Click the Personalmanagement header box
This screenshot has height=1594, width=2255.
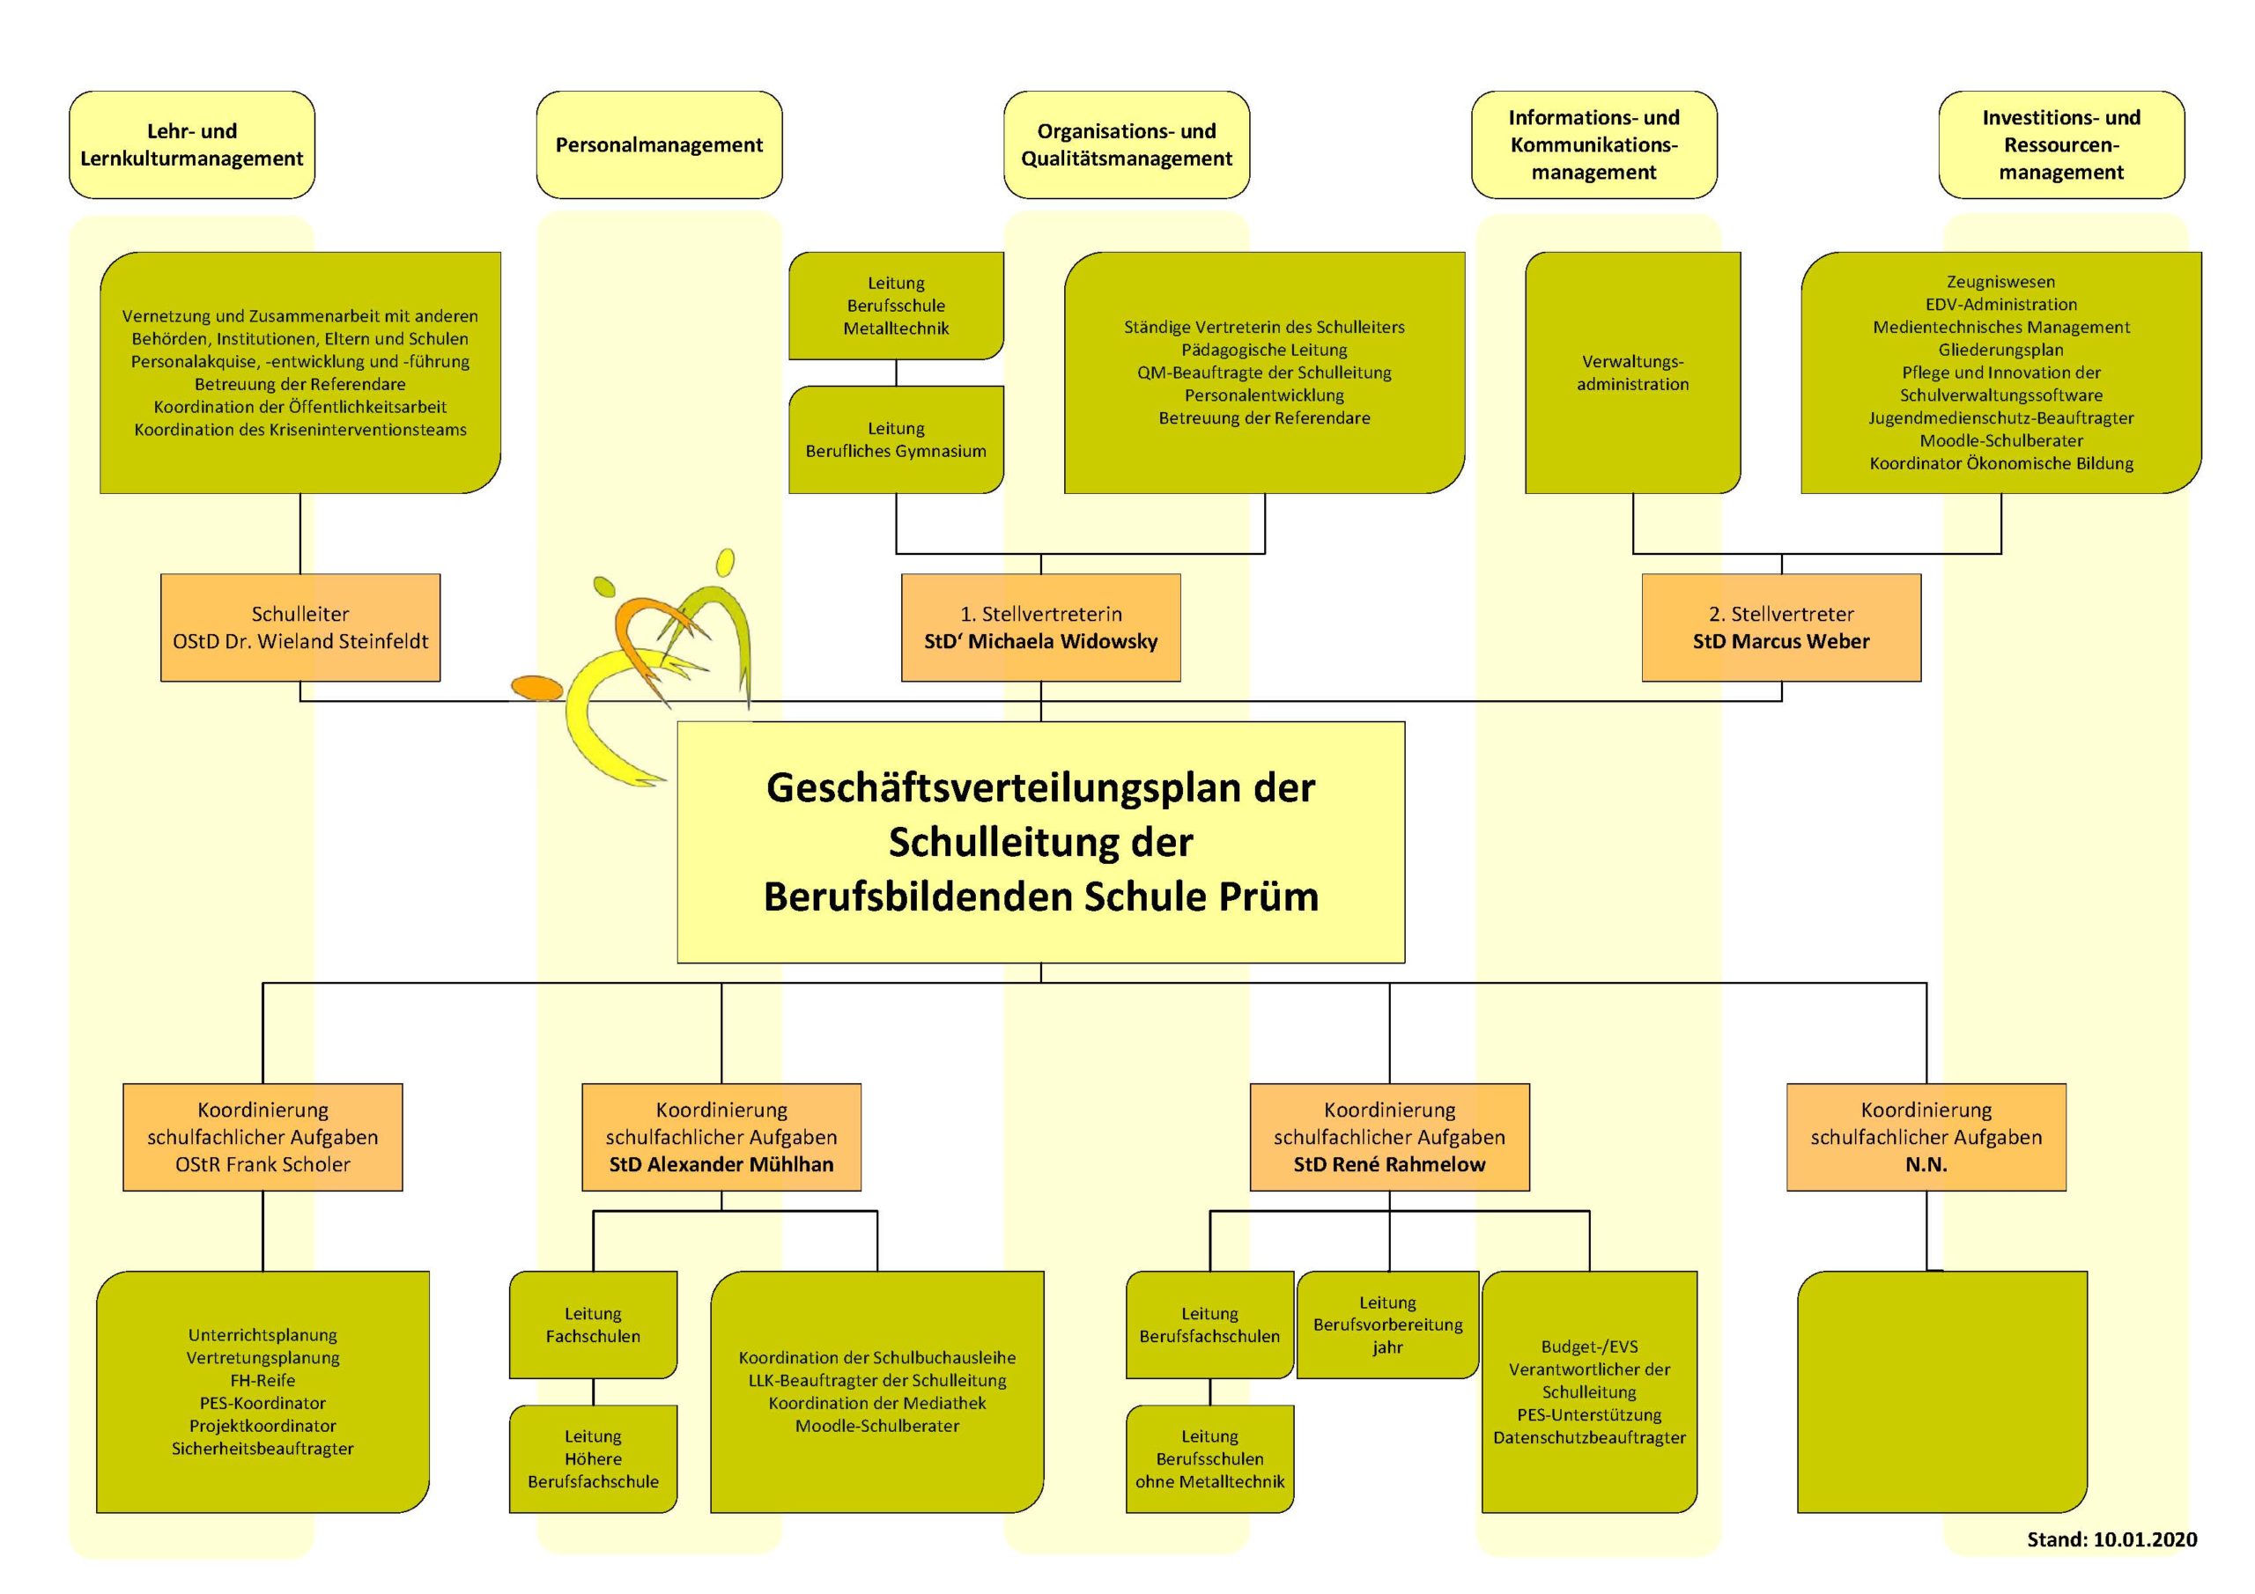(659, 144)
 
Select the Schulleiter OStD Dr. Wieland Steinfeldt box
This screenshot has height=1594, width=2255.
(300, 628)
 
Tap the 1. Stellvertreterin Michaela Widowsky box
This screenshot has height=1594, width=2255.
(1041, 628)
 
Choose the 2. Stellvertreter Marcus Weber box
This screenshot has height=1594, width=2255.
(1782, 628)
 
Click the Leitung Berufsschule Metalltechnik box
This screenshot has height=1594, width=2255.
(896, 306)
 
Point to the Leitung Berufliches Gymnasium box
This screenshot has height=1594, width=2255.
(896, 439)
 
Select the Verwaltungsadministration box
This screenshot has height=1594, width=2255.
(1632, 373)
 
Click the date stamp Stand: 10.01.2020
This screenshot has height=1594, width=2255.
(2111, 1539)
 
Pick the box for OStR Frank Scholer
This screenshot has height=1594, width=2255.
(262, 1137)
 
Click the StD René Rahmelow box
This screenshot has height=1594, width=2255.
(1389, 1137)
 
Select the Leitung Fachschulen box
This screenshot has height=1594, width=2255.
(593, 1325)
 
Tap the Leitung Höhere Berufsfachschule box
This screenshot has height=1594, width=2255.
(593, 1458)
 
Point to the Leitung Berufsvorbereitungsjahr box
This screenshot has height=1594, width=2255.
(1387, 1325)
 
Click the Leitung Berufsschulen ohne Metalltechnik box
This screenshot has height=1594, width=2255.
(1210, 1458)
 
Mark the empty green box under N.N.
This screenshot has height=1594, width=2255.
(1942, 1391)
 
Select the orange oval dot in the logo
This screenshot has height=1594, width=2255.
(536, 688)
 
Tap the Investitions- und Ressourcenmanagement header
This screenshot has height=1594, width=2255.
(2061, 144)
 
